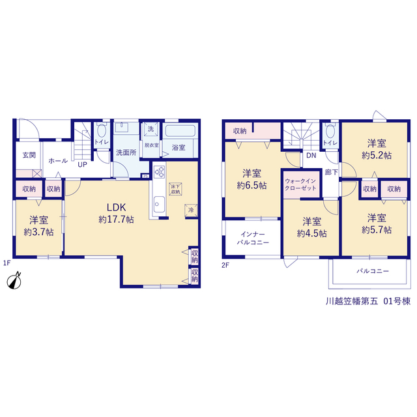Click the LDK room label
[116, 207]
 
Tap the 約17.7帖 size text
[116, 220]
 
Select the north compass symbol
[14, 280]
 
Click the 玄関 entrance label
[29, 155]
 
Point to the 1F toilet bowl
[102, 130]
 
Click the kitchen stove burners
[159, 172]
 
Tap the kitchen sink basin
[159, 204]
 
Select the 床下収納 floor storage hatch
[175, 189]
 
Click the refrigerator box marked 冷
[191, 210]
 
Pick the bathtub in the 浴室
[180, 131]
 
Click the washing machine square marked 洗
[151, 130]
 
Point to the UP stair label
[82, 165]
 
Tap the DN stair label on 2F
[311, 155]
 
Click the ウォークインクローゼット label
[300, 184]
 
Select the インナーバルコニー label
[253, 238]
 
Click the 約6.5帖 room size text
[252, 185]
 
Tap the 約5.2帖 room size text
[377, 155]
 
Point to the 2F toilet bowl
[330, 131]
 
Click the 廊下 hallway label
[332, 172]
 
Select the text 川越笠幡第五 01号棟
[368, 301]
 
